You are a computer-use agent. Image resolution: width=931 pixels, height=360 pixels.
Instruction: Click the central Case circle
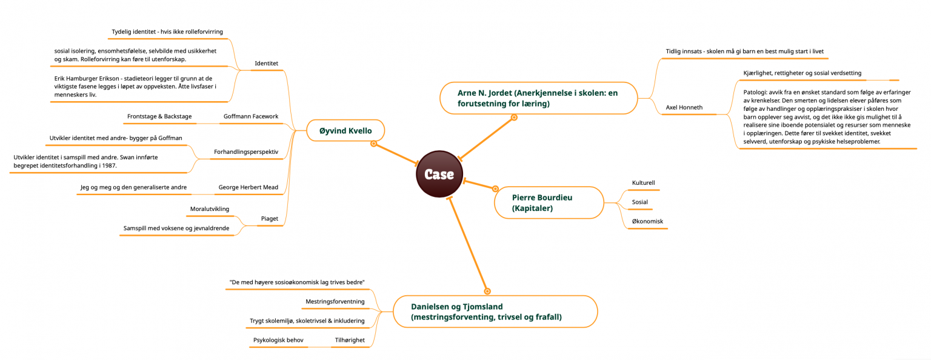point(439,174)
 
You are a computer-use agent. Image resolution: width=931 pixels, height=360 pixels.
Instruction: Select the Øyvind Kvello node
point(345,130)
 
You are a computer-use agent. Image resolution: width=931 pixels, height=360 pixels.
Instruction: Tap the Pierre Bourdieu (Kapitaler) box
point(549,202)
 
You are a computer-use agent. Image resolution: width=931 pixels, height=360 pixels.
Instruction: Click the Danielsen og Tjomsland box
point(495,312)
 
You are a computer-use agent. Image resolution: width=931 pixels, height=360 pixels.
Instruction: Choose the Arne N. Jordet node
point(539,98)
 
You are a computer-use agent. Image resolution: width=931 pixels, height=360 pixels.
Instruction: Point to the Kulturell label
point(643,183)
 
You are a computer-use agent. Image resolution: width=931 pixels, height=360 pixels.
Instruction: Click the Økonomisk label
point(647,222)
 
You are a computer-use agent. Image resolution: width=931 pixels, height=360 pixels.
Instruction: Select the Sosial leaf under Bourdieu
point(640,202)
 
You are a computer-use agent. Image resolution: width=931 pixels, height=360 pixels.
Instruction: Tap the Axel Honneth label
point(684,107)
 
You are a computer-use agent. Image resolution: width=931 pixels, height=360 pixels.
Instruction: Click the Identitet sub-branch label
point(267,63)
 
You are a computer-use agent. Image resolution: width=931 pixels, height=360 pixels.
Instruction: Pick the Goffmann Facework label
point(251,116)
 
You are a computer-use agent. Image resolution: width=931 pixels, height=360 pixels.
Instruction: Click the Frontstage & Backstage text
point(159,116)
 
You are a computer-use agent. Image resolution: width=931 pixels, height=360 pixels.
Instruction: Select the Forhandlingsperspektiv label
point(246,152)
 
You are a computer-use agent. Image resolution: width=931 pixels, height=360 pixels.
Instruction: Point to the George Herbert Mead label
point(249,187)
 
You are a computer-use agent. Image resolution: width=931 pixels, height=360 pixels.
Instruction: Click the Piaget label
point(270,219)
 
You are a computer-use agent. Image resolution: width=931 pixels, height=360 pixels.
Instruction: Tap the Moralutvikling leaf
point(210,209)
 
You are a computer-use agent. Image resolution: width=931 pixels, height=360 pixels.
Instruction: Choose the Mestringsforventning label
point(335,302)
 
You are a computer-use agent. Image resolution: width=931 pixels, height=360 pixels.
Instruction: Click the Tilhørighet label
point(350,340)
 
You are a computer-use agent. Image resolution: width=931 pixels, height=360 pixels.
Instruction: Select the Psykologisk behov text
point(278,340)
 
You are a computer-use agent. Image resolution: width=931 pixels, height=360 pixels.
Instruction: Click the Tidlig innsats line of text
point(745,52)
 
